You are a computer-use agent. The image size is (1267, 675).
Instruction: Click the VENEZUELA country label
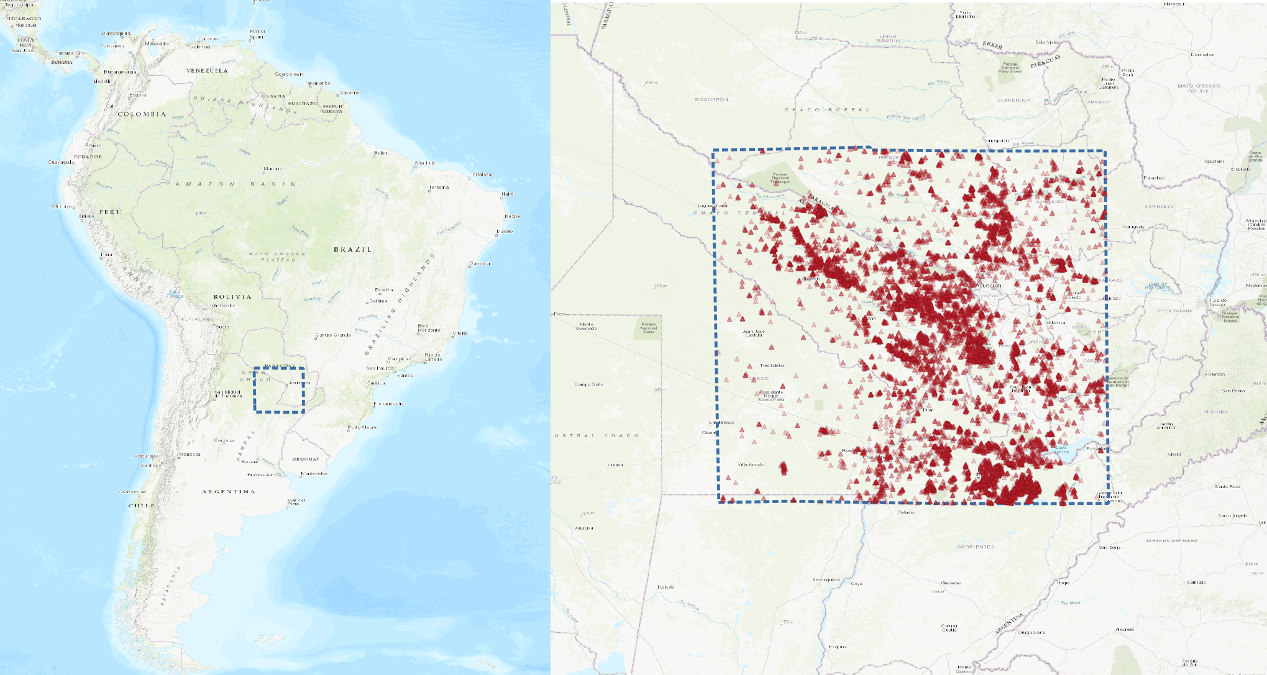[x=207, y=71]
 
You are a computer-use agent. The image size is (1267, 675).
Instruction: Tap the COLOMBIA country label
[x=142, y=114]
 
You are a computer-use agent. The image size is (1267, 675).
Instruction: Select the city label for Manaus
[x=273, y=169]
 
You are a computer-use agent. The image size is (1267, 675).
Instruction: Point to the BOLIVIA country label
[x=232, y=297]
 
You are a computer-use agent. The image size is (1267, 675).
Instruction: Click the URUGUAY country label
[x=306, y=460]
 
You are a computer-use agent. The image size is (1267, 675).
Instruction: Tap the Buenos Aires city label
[x=264, y=474]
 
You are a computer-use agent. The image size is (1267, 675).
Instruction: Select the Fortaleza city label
[x=481, y=174]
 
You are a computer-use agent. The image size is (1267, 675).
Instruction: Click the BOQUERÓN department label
[x=711, y=99]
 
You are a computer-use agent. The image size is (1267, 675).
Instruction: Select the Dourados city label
[x=1202, y=55]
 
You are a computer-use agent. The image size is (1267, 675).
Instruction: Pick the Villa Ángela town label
[x=751, y=464]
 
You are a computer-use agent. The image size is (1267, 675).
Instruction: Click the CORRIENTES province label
[x=976, y=547]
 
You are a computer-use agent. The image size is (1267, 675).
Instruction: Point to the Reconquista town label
[x=826, y=580]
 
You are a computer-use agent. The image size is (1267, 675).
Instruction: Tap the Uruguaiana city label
[x=1031, y=633]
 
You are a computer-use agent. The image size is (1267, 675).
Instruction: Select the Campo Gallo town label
[x=589, y=384]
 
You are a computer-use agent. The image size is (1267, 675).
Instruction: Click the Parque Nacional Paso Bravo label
[x=1010, y=67]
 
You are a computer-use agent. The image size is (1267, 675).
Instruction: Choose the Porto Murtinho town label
[x=966, y=15]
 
